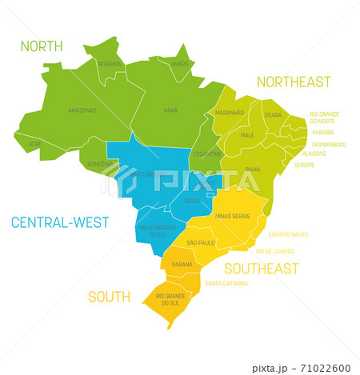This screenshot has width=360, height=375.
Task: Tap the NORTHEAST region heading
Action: coord(294,82)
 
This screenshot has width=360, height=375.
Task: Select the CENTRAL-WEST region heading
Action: coord(60,222)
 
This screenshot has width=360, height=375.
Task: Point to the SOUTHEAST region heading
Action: coord(262,269)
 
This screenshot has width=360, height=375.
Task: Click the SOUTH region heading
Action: coord(109,297)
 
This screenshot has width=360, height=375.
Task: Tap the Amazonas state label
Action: coord(82,110)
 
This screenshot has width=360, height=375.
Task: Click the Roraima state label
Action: coord(110,64)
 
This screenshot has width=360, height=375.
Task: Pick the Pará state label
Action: coord(170,110)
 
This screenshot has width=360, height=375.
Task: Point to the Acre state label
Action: coord(34,144)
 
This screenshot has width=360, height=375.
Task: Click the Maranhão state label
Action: coord(230,114)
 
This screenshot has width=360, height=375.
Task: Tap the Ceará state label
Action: coord(273,115)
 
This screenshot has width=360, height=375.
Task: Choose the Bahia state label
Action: coord(253,170)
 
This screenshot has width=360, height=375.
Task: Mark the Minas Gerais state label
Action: coord(233,216)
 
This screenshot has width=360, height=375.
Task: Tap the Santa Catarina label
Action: coord(226,283)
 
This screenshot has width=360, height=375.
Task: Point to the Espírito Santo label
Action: coord(289,234)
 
